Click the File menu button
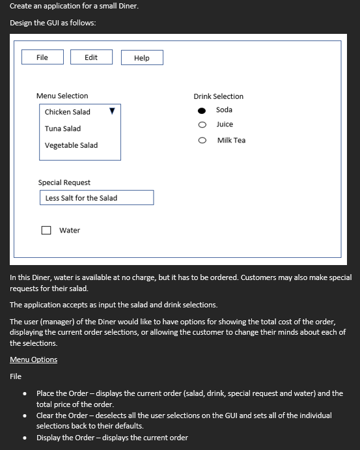click(x=42, y=57)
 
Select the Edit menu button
click(x=91, y=57)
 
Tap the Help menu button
click(x=142, y=58)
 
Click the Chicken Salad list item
click(x=68, y=112)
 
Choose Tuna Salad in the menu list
click(x=62, y=129)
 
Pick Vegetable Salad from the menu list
click(x=71, y=145)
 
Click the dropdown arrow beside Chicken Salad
click(x=112, y=111)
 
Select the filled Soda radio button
click(x=202, y=110)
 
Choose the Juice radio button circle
click(x=202, y=124)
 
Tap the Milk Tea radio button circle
click(x=202, y=140)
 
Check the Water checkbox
click(x=46, y=230)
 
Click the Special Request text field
click(x=96, y=198)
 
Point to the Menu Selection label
click(x=62, y=96)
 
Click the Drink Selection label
click(x=218, y=96)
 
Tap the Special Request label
click(x=64, y=182)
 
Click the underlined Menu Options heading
click(x=33, y=359)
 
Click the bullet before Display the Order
click(x=25, y=438)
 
